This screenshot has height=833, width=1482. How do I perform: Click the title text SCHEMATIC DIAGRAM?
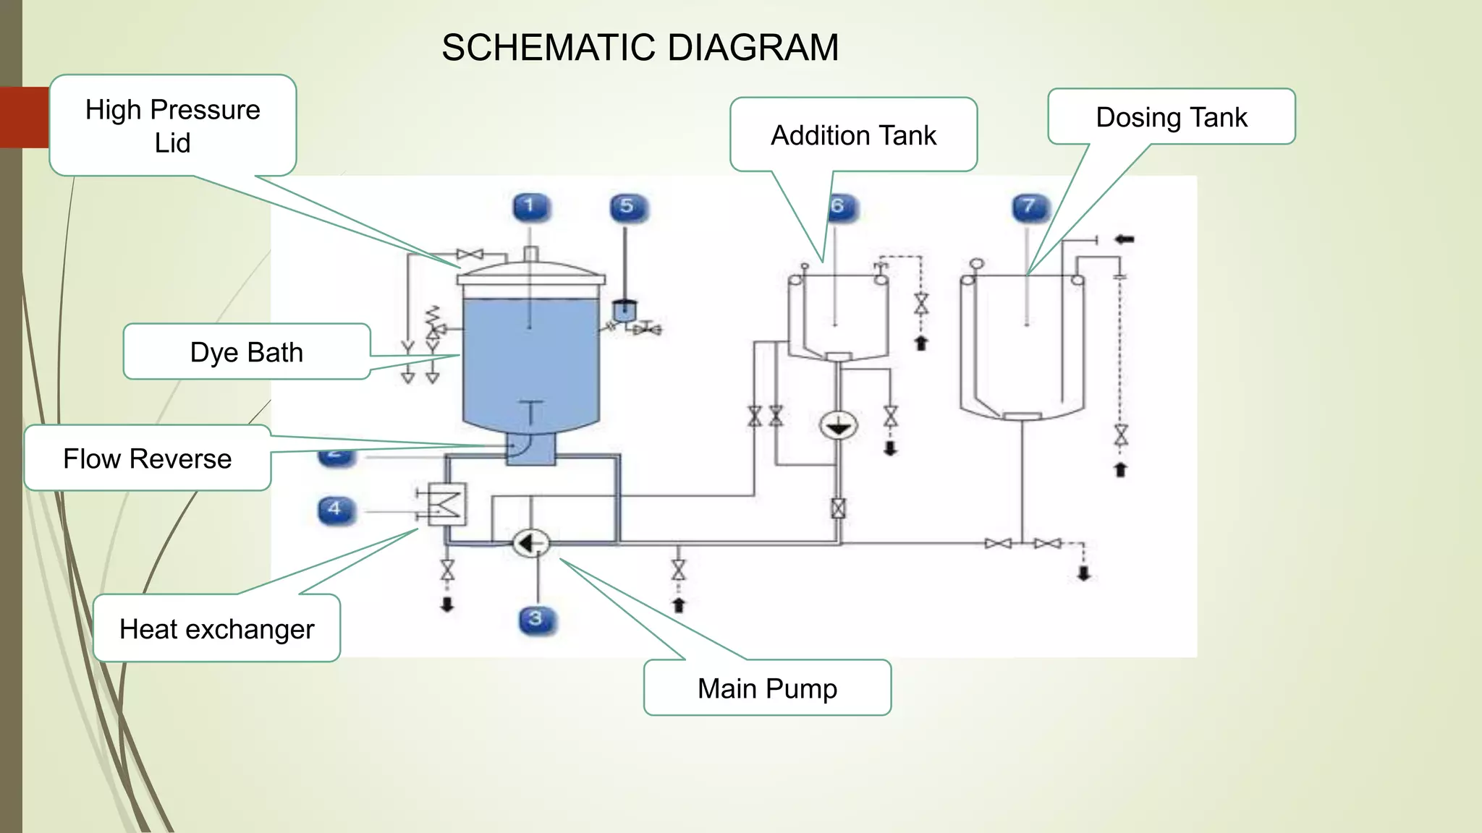coord(640,48)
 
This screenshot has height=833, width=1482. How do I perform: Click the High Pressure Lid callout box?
coord(173,126)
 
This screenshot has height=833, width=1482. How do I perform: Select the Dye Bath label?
coord(247,352)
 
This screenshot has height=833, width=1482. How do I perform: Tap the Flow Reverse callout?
coord(148,458)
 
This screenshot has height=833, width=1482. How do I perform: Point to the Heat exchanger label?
coord(217,628)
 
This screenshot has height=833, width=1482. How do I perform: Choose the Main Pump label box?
coord(767,688)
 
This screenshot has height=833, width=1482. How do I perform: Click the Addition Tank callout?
coord(853,135)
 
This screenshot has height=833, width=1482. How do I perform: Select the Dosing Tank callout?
coord(1171,117)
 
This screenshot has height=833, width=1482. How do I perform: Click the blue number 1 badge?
coord(530,207)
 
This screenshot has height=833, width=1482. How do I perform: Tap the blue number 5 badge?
coord(628,208)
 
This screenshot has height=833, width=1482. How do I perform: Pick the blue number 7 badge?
coord(1030,208)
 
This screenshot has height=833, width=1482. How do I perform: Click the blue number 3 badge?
coord(537,620)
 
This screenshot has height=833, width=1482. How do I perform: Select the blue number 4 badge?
coord(336,510)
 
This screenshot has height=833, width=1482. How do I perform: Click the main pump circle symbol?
coord(530,543)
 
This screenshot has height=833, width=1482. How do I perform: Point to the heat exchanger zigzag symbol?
coord(447,503)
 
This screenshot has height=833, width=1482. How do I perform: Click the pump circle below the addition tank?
coord(838,426)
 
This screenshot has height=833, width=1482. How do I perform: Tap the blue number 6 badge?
coord(840,208)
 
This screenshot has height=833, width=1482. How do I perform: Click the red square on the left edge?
coord(25,117)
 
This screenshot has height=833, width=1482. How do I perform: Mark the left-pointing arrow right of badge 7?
coord(1124,239)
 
